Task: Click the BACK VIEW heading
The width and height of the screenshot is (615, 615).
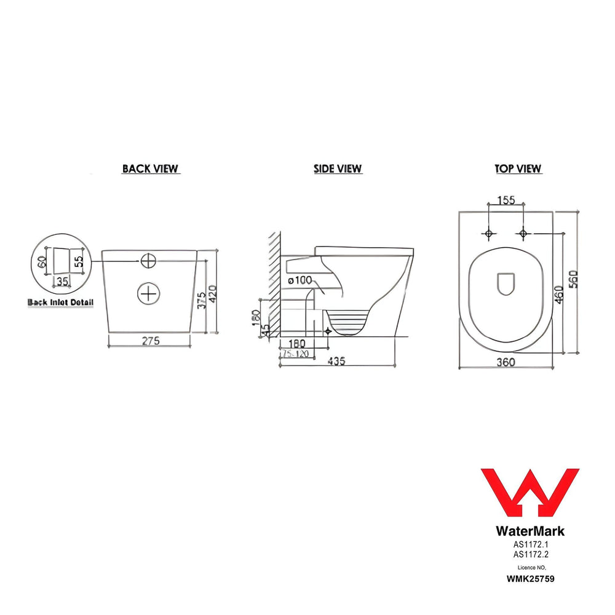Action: pyautogui.click(x=151, y=169)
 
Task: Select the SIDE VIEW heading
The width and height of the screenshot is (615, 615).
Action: pyautogui.click(x=338, y=169)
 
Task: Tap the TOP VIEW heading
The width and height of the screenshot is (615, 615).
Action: pyautogui.click(x=518, y=169)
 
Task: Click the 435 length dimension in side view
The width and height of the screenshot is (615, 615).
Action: pyautogui.click(x=336, y=362)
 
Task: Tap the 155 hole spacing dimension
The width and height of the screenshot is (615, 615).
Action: pyautogui.click(x=504, y=200)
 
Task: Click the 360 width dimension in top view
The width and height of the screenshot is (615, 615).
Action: pyautogui.click(x=505, y=362)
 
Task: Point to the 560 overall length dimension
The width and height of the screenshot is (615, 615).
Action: pyautogui.click(x=574, y=282)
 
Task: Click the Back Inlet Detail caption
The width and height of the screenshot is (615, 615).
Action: pyautogui.click(x=61, y=302)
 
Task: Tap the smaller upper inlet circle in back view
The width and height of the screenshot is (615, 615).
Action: pyautogui.click(x=148, y=261)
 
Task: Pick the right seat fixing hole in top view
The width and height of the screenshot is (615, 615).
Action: pyautogui.click(x=523, y=234)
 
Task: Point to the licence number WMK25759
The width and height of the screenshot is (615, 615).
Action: pyautogui.click(x=530, y=579)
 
